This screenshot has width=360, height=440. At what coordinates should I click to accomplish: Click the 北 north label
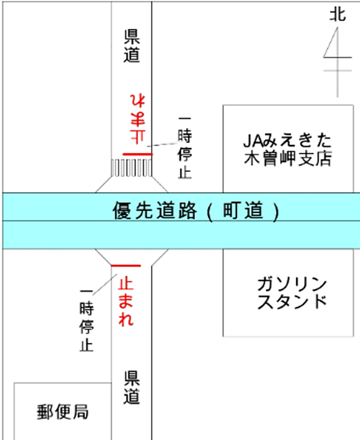tap(337, 15)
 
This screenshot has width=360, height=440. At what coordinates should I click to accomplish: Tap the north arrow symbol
tap(337, 63)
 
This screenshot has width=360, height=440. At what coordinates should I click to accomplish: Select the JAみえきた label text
tap(288, 141)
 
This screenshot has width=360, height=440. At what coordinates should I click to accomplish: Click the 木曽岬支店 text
tap(288, 158)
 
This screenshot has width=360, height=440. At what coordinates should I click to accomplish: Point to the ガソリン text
tap(292, 284)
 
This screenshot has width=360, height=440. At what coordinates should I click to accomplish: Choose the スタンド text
tap(292, 302)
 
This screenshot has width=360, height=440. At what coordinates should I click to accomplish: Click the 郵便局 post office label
tap(63, 412)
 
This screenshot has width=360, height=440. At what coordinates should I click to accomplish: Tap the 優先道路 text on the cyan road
tap(155, 210)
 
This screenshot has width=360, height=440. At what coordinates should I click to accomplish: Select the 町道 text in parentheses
tap(243, 210)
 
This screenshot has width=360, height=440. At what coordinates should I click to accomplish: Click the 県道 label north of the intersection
tap(131, 46)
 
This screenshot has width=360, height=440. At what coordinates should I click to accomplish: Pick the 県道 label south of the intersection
tap(131, 387)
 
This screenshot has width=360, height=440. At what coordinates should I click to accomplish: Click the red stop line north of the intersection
tap(138, 154)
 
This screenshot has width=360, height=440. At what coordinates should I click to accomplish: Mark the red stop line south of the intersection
tap(126, 266)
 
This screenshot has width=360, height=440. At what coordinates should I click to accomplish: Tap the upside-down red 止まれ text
tap(138, 119)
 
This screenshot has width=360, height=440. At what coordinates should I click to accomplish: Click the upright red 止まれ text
tap(126, 301)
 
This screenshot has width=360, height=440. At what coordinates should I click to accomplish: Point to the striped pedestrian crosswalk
tap(131, 168)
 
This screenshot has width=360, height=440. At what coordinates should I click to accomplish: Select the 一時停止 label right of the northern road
tap(185, 148)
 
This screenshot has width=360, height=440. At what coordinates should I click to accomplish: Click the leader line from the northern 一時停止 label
tap(162, 145)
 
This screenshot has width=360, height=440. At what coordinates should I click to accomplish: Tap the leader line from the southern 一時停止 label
tap(104, 285)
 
